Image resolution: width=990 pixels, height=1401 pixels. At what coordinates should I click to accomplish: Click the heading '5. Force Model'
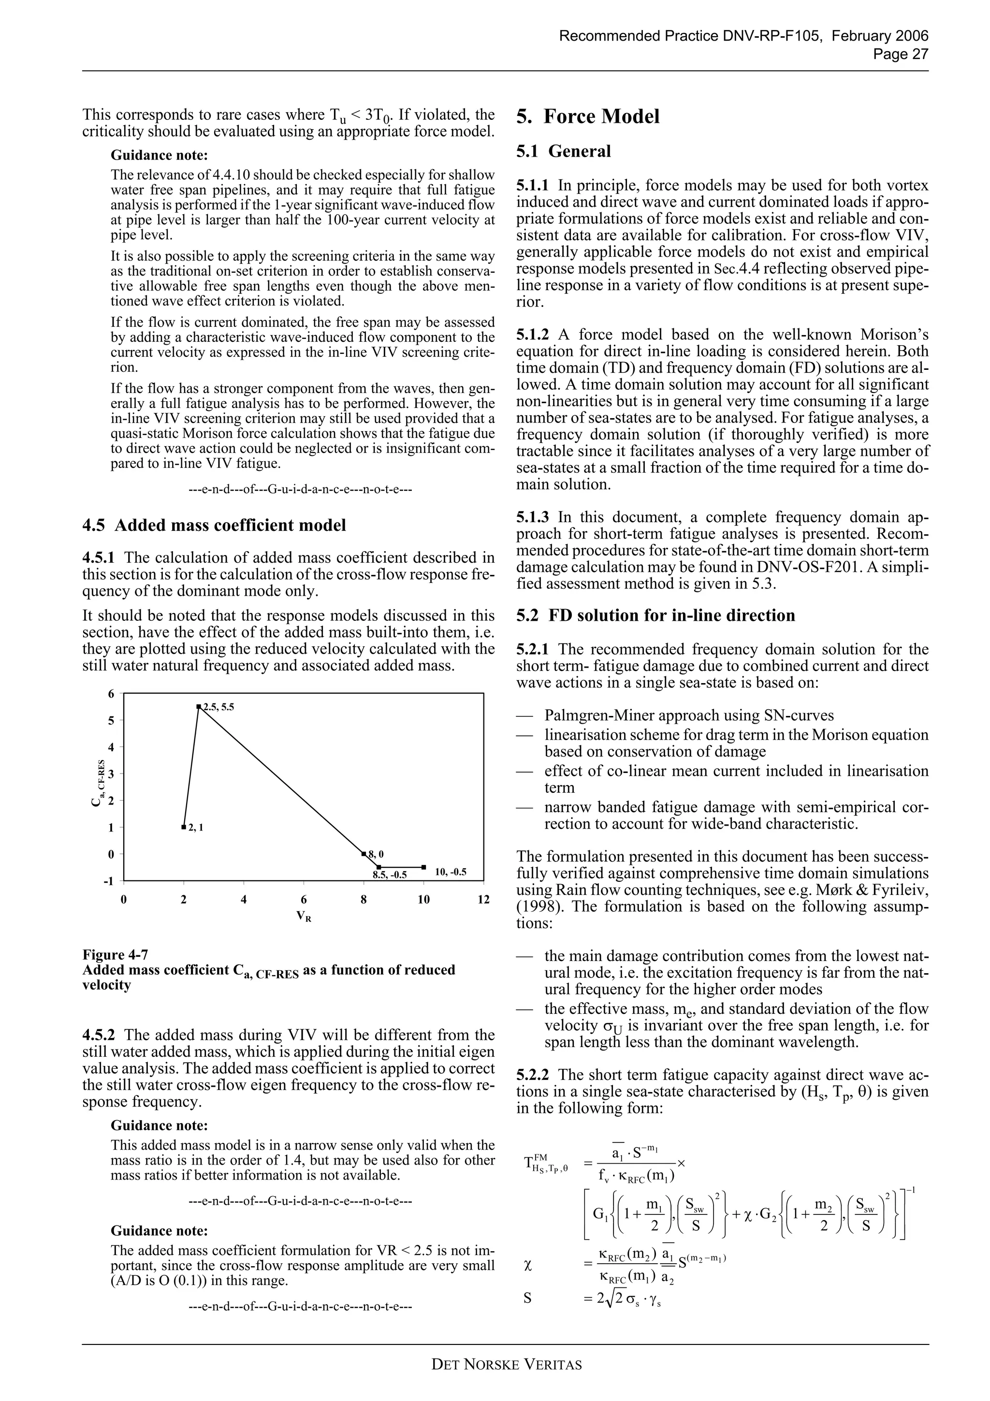(x=587, y=117)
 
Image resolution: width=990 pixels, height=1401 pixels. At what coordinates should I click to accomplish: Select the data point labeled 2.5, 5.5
(x=199, y=707)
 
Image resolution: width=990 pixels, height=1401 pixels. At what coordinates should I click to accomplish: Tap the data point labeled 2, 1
(x=184, y=828)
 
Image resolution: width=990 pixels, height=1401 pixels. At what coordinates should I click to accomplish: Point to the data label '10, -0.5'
(x=450, y=872)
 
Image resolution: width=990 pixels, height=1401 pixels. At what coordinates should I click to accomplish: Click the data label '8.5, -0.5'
(x=390, y=875)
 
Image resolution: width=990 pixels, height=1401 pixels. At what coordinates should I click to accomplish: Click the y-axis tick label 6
(x=111, y=694)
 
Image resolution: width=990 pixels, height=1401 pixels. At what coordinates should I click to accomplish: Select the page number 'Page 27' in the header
(x=901, y=54)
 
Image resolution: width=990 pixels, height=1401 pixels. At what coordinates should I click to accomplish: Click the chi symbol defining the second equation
(x=528, y=1266)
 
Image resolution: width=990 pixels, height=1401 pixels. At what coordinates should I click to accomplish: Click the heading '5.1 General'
(x=564, y=151)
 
